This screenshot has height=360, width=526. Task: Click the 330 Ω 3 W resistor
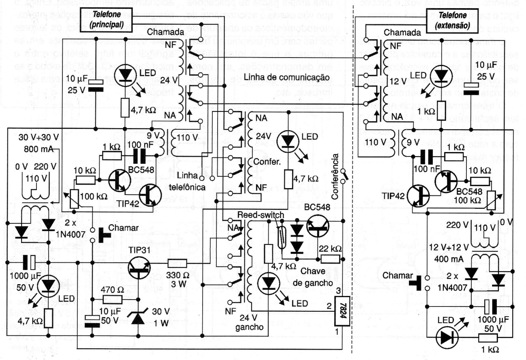pos(177,264)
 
